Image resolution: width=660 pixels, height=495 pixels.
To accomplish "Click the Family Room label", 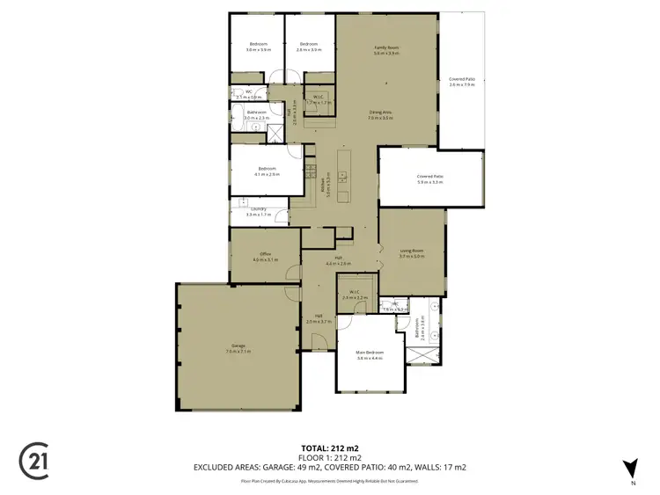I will click(x=386, y=49).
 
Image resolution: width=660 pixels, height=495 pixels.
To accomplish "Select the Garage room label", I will click(x=238, y=347).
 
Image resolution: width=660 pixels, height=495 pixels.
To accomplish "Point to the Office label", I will click(x=264, y=257).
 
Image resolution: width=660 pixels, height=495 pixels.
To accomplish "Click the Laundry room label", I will click(x=258, y=211).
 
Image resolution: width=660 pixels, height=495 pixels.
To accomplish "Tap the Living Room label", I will click(x=412, y=253).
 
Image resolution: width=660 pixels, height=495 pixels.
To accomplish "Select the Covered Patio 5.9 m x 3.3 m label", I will click(x=430, y=179).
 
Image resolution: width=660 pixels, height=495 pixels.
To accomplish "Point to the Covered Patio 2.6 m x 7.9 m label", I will click(x=462, y=82).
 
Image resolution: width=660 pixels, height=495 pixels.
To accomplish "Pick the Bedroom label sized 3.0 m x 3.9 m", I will click(x=258, y=47).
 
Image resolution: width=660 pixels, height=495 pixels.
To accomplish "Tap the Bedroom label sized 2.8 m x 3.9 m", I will click(x=308, y=47).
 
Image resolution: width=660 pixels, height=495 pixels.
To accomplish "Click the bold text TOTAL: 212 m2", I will click(x=329, y=448).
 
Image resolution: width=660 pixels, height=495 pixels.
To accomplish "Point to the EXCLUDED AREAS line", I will click(x=329, y=467).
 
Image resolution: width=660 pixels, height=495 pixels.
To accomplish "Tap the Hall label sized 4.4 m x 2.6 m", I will click(x=338, y=261).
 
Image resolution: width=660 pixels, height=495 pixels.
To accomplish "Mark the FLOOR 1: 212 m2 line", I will click(x=329, y=457).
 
